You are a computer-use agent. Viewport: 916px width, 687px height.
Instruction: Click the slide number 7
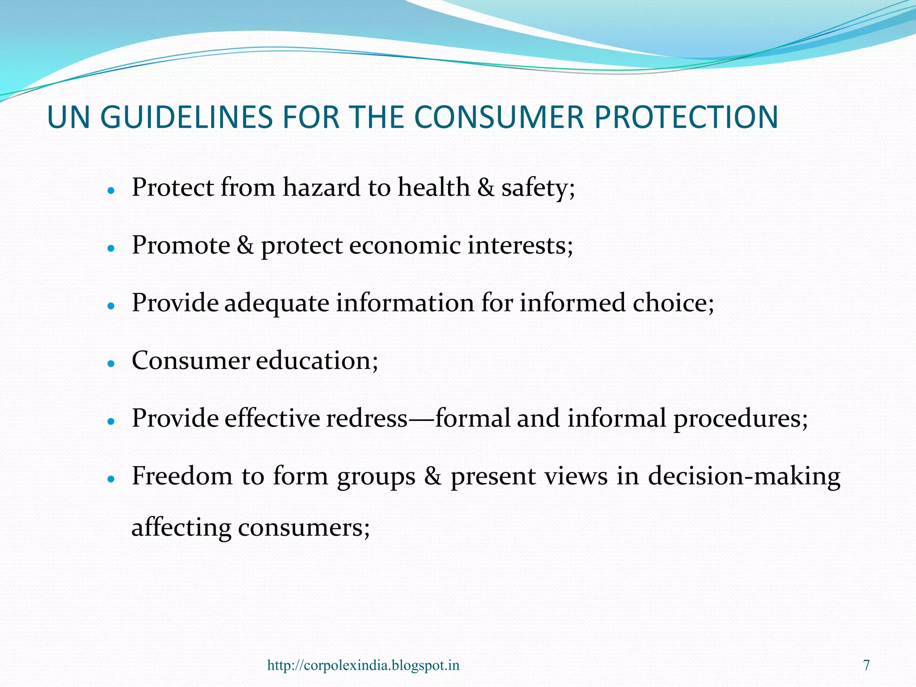point(866,665)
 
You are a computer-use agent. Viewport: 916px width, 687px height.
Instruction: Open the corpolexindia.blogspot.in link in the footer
point(363,665)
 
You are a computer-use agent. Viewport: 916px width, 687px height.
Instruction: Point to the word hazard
point(321,187)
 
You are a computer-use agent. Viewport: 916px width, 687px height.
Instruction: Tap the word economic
point(404,246)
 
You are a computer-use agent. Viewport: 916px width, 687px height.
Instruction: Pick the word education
point(314,360)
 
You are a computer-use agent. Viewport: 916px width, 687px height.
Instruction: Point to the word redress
point(367,418)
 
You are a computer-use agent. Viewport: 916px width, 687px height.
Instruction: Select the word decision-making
point(744,476)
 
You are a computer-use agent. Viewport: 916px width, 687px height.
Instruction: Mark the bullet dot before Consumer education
point(111,364)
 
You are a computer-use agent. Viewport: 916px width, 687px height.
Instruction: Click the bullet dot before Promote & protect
point(111,248)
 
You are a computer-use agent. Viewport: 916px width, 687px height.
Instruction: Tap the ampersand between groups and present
point(433,476)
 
